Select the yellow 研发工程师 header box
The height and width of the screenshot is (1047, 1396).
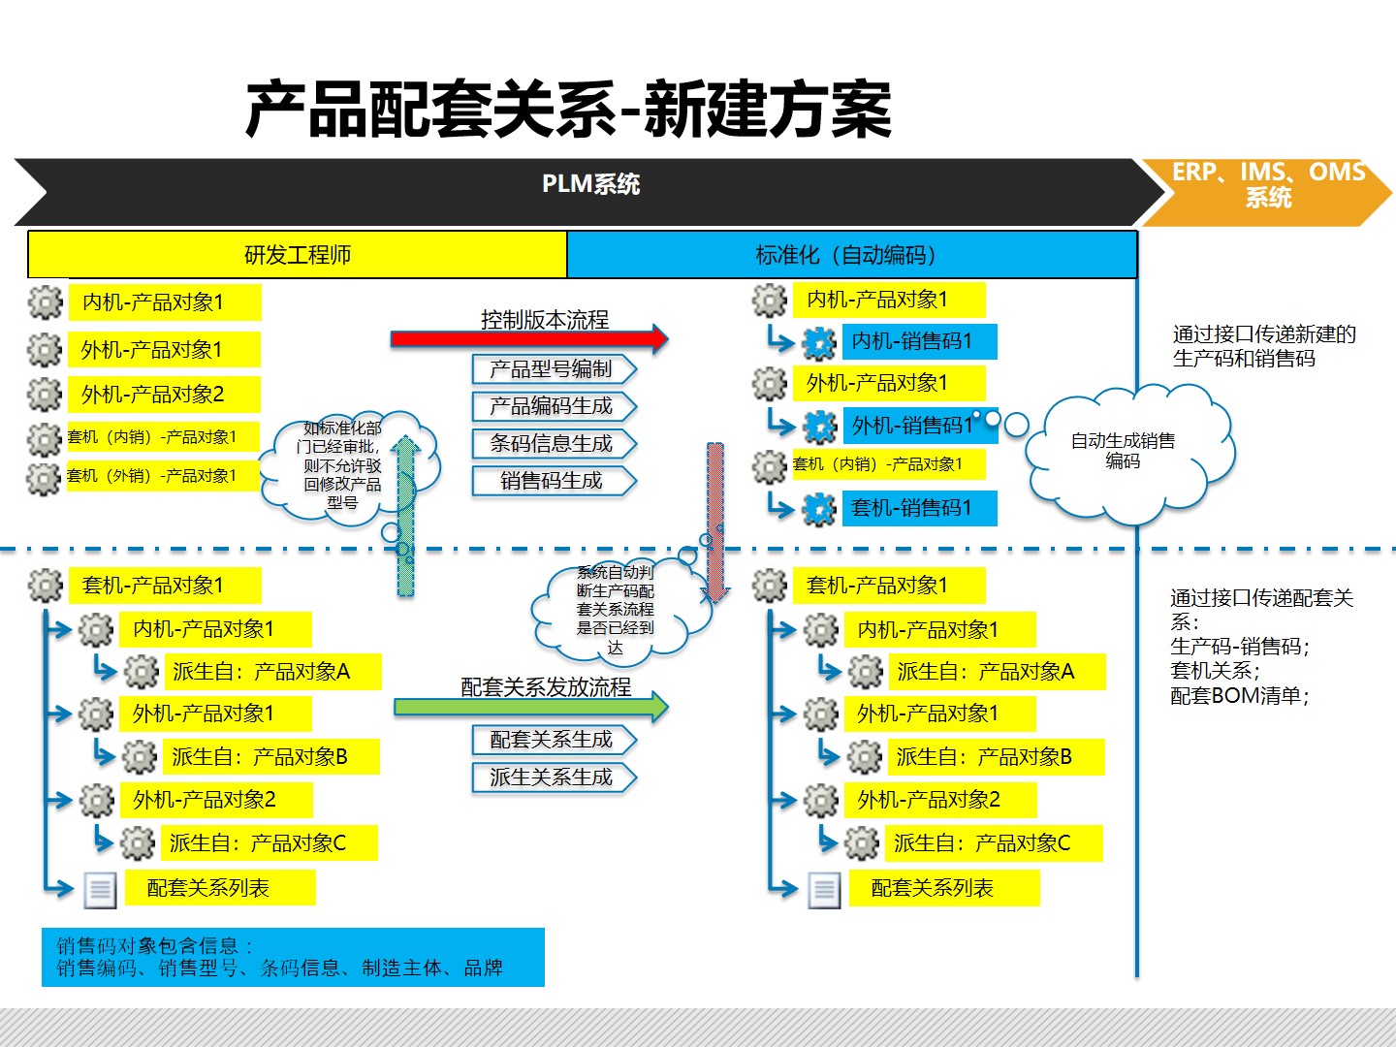(298, 255)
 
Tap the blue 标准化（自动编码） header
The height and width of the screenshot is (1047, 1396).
(851, 255)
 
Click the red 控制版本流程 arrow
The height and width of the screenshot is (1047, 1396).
(528, 338)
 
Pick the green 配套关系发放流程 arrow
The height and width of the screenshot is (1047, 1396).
(530, 707)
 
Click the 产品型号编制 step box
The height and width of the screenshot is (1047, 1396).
(553, 369)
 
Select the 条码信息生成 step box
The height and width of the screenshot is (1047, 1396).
(553, 444)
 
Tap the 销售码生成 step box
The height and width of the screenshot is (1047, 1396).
(553, 481)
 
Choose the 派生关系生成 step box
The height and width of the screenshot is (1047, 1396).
(553, 777)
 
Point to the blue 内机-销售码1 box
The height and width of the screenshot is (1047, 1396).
(918, 341)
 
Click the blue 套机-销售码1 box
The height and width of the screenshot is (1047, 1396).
(918, 508)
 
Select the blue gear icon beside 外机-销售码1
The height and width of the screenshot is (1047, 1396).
(820, 426)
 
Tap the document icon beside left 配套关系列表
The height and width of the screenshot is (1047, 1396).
(100, 889)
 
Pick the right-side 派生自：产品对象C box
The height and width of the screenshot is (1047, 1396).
(993, 843)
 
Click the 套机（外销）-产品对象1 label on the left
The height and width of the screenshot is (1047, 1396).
(152, 476)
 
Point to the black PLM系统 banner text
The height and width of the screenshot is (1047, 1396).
(590, 184)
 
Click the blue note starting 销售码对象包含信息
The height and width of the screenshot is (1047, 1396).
(293, 957)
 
